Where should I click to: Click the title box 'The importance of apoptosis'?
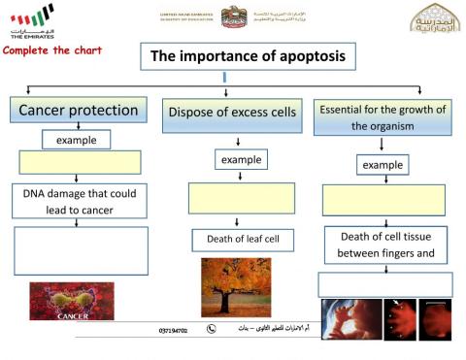247,57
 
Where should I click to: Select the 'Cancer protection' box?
79,111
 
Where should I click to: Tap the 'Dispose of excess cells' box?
232,114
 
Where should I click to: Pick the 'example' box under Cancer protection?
76,140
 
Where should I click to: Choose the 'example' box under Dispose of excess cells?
241,159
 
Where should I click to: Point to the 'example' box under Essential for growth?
383,165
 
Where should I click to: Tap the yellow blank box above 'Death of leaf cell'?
241,198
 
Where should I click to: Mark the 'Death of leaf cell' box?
242,239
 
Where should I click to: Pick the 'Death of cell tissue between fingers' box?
385,245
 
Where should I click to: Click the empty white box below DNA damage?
81,250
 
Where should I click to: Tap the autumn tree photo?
236,287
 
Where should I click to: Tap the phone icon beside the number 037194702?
210,330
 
